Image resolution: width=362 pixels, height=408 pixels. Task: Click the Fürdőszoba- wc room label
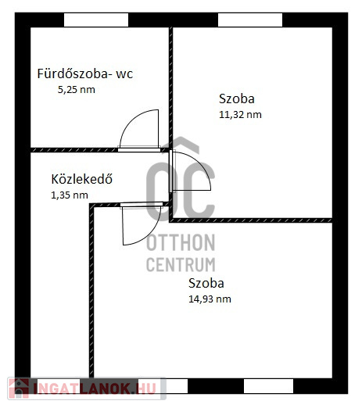click(x=85, y=73)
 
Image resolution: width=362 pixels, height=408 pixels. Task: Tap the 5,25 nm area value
click(x=77, y=90)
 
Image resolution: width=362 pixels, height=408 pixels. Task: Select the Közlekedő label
click(x=82, y=179)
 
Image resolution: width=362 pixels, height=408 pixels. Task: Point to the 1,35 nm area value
click(x=70, y=195)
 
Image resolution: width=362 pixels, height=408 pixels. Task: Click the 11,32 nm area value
click(x=240, y=115)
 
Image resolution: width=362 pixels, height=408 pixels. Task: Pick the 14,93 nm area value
click(x=210, y=299)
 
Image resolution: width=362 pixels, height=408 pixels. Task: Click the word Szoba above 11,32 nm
click(x=237, y=98)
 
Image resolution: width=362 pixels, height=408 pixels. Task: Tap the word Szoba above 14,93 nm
click(x=206, y=283)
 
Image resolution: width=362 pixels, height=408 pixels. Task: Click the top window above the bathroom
click(x=96, y=20)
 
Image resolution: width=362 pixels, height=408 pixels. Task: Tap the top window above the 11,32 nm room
click(x=250, y=20)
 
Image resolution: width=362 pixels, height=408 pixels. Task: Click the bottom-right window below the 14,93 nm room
click(x=268, y=386)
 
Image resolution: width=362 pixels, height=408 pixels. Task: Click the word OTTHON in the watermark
click(x=181, y=242)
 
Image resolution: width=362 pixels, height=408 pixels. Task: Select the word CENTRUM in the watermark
click(x=181, y=264)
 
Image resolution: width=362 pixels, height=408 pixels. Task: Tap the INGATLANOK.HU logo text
click(x=95, y=388)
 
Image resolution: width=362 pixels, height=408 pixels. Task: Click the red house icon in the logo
click(x=19, y=388)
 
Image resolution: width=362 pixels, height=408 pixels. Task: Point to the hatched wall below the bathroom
click(x=74, y=150)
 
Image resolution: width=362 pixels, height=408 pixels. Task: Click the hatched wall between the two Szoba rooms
click(x=251, y=220)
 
